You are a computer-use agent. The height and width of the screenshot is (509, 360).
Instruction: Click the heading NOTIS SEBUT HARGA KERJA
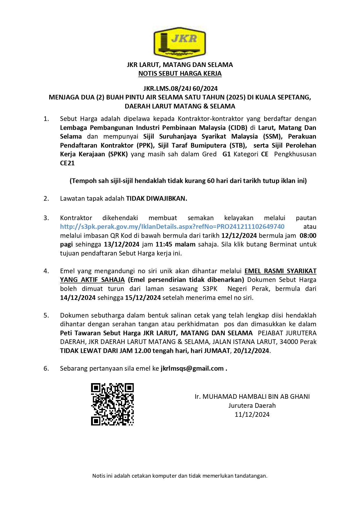tap(180, 74)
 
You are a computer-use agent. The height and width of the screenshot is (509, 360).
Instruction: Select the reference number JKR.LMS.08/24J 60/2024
tap(180, 88)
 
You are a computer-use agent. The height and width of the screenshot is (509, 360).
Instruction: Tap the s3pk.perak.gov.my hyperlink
tap(172, 227)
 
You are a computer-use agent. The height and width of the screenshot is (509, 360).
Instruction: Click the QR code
tap(112, 404)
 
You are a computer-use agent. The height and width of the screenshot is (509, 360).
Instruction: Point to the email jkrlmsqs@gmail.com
tap(192, 368)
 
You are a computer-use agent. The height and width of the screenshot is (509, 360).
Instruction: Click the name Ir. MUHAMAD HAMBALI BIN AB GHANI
tap(252, 396)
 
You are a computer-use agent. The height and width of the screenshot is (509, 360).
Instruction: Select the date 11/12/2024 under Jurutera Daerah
tap(252, 414)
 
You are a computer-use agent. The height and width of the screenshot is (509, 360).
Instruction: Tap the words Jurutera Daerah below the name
tap(252, 405)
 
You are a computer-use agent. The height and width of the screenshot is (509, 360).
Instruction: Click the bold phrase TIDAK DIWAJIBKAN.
tap(157, 198)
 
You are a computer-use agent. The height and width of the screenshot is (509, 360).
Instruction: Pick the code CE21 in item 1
tap(67, 163)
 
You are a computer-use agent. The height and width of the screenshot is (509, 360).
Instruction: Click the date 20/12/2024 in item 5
tap(251, 351)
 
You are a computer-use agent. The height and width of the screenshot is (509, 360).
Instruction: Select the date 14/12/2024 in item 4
tap(78, 298)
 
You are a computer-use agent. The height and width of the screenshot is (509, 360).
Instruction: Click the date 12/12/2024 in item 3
tap(239, 236)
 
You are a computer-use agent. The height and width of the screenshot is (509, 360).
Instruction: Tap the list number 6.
tap(46, 368)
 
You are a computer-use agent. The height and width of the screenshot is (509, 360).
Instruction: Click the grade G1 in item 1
tap(227, 154)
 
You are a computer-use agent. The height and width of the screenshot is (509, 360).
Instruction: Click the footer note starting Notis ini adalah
tap(180, 476)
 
